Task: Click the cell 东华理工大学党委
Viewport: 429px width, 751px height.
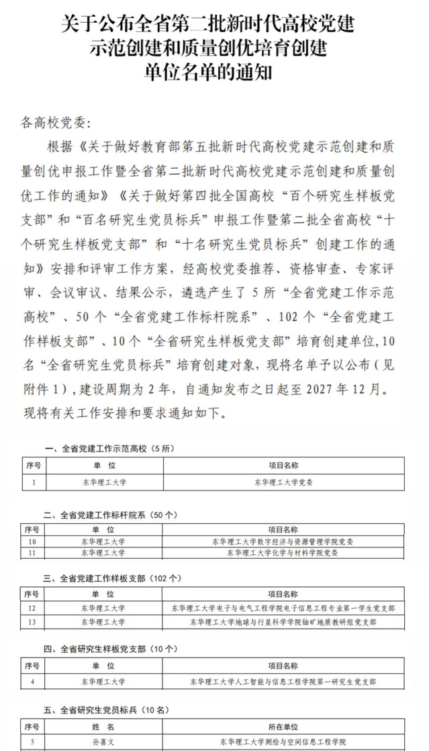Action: pos(283,482)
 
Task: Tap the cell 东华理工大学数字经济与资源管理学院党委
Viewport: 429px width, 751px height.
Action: pos(283,541)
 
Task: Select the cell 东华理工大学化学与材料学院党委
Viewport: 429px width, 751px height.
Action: pos(283,552)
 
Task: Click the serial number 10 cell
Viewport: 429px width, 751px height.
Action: pos(32,541)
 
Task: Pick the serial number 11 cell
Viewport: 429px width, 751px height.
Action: pos(32,552)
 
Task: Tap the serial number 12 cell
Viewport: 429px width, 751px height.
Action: pos(32,608)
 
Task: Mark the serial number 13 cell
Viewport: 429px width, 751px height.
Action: pos(32,621)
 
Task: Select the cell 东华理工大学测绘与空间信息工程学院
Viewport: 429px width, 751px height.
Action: pos(283,742)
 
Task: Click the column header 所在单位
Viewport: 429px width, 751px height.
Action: pos(283,727)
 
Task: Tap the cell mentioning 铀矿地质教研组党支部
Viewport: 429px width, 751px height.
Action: pos(283,621)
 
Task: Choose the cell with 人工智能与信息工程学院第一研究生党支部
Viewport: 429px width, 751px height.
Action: pos(283,682)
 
